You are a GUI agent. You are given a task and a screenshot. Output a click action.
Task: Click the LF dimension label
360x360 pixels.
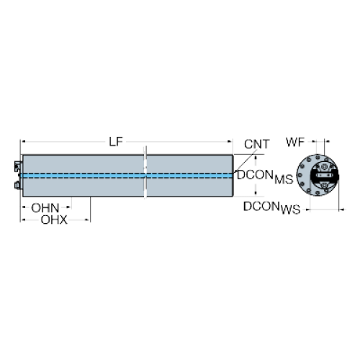click(x=116, y=142)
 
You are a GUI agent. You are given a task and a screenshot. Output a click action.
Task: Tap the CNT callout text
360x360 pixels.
click(x=257, y=144)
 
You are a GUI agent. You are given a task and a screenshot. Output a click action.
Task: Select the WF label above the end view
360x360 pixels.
click(x=295, y=142)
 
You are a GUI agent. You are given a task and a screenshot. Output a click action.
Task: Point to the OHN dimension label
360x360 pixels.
click(x=45, y=208)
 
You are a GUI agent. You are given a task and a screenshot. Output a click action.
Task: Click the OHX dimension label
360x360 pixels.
click(x=54, y=220)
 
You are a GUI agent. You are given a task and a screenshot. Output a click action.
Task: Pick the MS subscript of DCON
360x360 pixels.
click(x=284, y=179)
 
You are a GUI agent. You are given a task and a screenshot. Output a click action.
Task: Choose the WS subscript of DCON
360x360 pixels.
click(x=290, y=210)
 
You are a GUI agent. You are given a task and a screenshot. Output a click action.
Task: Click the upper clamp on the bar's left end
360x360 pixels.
click(x=18, y=166)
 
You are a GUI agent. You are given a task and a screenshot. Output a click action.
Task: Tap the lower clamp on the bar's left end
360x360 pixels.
click(x=18, y=185)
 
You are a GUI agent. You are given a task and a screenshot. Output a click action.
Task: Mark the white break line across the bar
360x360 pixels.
click(x=145, y=172)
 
